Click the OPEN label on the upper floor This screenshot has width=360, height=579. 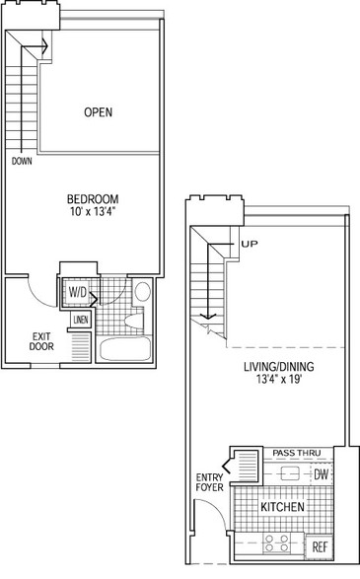click(99, 112)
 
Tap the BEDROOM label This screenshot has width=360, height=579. click(93, 199)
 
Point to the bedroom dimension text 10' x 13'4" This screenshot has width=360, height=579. click(93, 212)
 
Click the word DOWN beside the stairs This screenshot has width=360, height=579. click(22, 161)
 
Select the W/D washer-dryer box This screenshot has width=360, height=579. click(78, 292)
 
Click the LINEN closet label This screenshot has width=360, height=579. click(81, 320)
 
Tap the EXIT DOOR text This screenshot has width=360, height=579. click(41, 341)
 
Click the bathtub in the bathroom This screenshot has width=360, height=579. click(125, 348)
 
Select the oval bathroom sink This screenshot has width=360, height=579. click(143, 291)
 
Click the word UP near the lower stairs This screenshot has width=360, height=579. click(250, 244)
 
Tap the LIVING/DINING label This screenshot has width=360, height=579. click(279, 367)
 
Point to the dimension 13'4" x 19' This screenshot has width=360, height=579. click(279, 379)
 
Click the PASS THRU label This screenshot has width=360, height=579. click(297, 453)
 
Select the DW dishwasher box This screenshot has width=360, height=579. click(321, 474)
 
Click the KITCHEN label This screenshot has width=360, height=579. click(282, 507)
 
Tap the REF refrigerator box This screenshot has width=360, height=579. click(320, 546)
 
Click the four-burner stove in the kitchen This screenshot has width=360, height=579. click(277, 543)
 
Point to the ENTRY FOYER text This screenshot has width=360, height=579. click(209, 482)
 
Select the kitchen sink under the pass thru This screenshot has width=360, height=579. click(289, 473)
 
